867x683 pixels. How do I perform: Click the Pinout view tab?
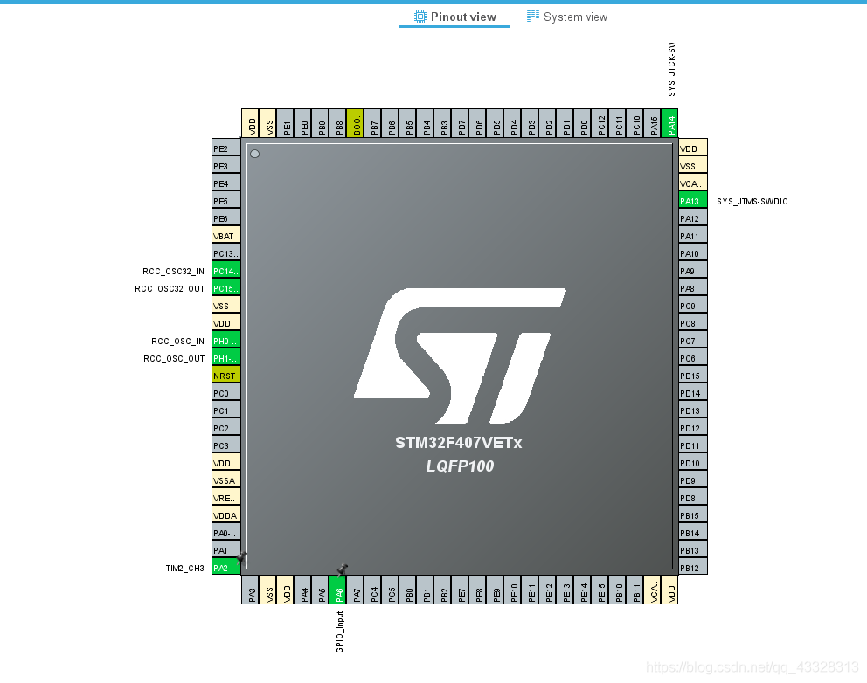pyautogui.click(x=454, y=17)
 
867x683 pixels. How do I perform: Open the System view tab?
pyautogui.click(x=567, y=17)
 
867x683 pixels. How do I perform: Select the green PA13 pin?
pyautogui.click(x=693, y=201)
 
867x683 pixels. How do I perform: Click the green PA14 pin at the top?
pyautogui.click(x=669, y=123)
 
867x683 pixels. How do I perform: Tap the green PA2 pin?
pyautogui.click(x=225, y=568)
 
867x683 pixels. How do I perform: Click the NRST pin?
pyautogui.click(x=225, y=376)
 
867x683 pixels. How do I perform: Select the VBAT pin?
pyautogui.click(x=225, y=236)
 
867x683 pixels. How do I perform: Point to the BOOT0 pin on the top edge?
pyautogui.click(x=356, y=123)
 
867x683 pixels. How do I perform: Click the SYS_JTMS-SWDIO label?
pyautogui.click(x=752, y=202)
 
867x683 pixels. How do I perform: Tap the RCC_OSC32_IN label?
pyautogui.click(x=173, y=272)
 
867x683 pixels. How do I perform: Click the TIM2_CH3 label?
pyautogui.click(x=184, y=569)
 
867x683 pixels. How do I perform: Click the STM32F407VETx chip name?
pyautogui.click(x=458, y=443)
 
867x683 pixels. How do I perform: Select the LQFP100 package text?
pyautogui.click(x=460, y=466)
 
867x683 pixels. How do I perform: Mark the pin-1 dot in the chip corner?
pyautogui.click(x=254, y=154)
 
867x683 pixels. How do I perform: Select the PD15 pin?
pyautogui.click(x=693, y=376)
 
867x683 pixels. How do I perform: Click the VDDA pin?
pyautogui.click(x=225, y=515)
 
